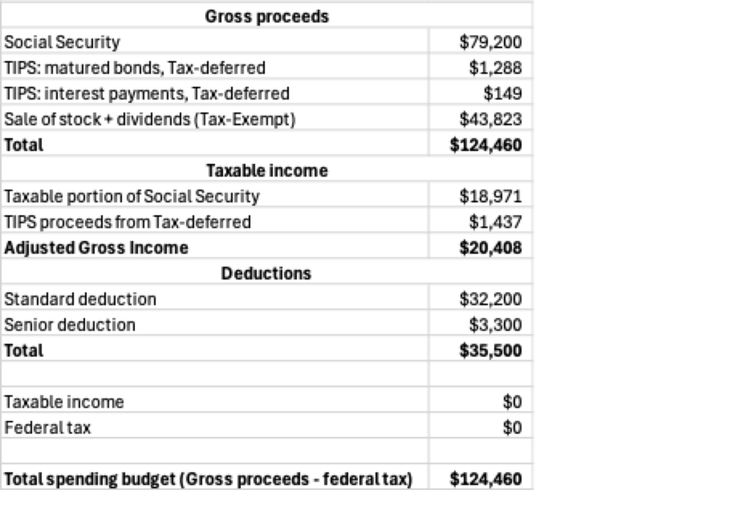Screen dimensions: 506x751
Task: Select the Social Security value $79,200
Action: pos(491,42)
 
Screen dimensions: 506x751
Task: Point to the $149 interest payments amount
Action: pos(502,93)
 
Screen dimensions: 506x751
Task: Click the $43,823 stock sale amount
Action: pos(491,119)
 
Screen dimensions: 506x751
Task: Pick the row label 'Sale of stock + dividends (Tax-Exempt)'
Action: pos(150,119)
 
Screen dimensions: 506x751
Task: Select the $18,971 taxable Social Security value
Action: pos(491,196)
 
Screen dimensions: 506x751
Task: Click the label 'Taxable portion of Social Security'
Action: pos(132,196)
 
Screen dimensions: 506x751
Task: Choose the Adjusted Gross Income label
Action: pos(96,247)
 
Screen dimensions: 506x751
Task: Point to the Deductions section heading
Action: pos(265,273)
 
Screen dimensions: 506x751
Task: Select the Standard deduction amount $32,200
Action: pos(491,299)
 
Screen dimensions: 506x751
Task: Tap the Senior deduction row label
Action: pos(70,325)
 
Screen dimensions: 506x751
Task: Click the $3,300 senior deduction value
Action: pos(496,325)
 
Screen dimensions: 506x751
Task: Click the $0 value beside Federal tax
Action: pos(512,427)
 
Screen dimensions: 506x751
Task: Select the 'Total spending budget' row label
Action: pos(208,480)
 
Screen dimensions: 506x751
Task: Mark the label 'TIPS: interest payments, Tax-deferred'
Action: pos(147,93)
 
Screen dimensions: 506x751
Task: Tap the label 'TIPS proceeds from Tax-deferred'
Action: pos(128,222)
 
